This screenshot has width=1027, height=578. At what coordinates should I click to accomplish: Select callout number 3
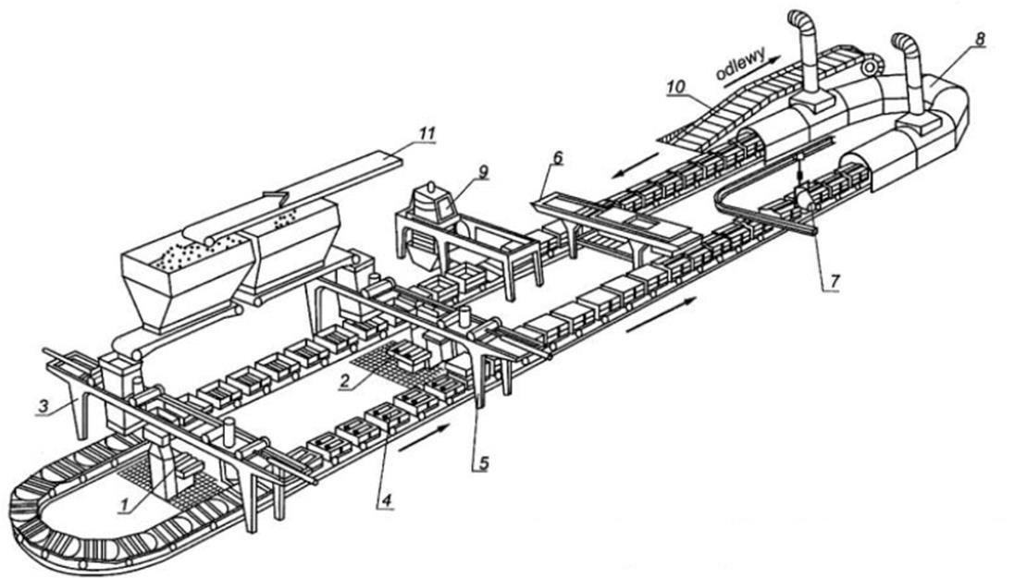pos(43,407)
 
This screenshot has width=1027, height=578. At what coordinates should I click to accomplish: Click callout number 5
pos(483,462)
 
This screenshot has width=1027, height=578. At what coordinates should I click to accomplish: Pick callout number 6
pos(557,158)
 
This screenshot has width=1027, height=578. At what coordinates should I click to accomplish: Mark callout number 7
pos(834,280)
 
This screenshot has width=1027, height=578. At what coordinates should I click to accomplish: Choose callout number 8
pos(979,39)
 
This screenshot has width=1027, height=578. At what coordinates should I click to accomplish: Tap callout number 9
pos(483,171)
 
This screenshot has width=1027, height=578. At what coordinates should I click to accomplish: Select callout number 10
pos(675,86)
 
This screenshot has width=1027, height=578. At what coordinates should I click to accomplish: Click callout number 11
pos(427,133)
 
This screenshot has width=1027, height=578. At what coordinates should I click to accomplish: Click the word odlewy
pos(741,66)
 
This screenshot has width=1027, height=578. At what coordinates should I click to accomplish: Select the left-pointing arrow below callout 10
pos(636,165)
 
